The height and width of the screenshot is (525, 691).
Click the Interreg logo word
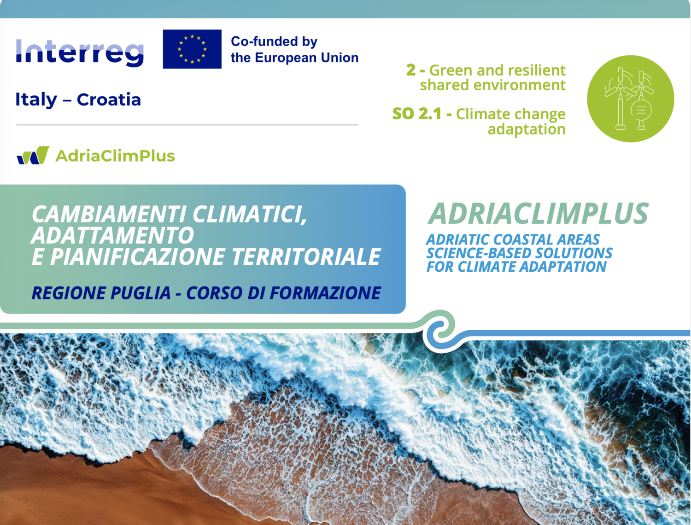pyautogui.click(x=80, y=52)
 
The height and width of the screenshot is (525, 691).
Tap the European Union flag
pyautogui.click(x=192, y=49)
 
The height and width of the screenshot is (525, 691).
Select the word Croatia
pyautogui.click(x=109, y=100)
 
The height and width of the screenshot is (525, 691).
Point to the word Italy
pyautogui.click(x=36, y=100)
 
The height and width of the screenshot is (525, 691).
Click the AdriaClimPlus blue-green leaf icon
pyautogui.click(x=33, y=155)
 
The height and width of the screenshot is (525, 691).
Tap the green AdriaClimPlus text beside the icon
pyautogui.click(x=115, y=156)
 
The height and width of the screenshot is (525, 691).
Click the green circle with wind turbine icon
pyautogui.click(x=631, y=99)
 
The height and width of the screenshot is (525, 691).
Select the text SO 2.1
pyautogui.click(x=417, y=114)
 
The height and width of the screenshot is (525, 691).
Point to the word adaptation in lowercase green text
pyautogui.click(x=527, y=129)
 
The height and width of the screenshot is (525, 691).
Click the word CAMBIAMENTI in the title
pyautogui.click(x=109, y=215)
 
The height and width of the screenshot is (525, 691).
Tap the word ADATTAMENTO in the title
pyautogui.click(x=112, y=235)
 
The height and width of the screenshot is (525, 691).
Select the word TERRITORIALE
pyautogui.click(x=306, y=257)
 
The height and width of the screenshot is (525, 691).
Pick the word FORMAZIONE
pyautogui.click(x=325, y=293)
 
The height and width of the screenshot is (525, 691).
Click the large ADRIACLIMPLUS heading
pyautogui.click(x=538, y=214)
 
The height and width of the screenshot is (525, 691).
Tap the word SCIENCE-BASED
pyautogui.click(x=478, y=253)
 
